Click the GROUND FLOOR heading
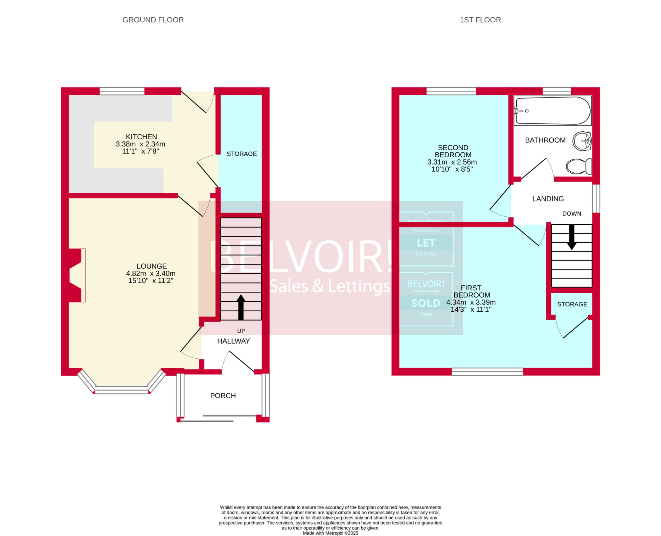click(153, 20)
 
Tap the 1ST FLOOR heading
click(480, 20)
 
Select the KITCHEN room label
click(141, 137)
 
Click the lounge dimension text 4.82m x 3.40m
click(151, 274)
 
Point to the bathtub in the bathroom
click(553, 111)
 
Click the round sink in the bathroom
click(582, 141)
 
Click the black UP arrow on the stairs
click(241, 307)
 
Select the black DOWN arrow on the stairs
click(572, 237)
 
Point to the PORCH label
click(223, 396)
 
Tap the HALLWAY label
click(233, 341)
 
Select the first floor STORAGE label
click(572, 304)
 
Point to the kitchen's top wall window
click(122, 91)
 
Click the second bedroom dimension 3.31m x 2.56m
click(452, 162)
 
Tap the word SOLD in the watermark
click(426, 303)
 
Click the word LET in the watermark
click(426, 243)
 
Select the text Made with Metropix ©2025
click(330, 533)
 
